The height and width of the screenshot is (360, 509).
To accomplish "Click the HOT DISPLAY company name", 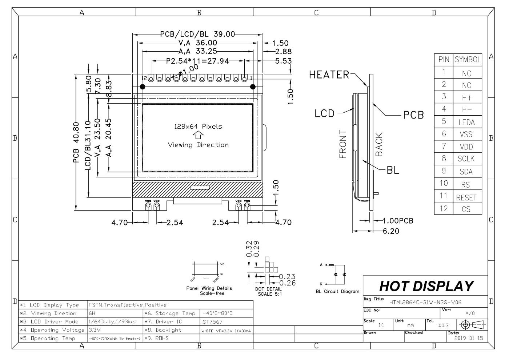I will pos(426,286).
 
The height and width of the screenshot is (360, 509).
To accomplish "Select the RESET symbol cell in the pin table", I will pos(466,197).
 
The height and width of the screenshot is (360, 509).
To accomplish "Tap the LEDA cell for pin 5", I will pos(466,122).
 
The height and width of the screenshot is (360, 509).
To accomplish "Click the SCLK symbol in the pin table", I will pos(466,159).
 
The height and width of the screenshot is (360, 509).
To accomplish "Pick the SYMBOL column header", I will pos(468,60).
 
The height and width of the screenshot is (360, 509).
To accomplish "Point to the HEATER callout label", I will pos(329,75).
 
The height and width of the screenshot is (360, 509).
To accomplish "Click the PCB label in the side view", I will pos(413,115).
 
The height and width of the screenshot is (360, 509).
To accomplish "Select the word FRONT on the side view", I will pos(343,144).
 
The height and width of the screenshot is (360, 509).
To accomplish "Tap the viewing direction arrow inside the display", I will pos(198,135).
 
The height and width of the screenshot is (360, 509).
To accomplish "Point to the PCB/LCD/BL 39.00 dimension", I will pos(198,34).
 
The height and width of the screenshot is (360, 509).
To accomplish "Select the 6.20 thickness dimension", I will pos(391,231).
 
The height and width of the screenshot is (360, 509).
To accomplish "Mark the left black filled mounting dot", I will pos(143,87).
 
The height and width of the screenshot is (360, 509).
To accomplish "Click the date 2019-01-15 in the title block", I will pos(469,338).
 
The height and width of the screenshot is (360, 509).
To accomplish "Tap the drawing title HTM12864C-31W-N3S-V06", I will pos(425,302).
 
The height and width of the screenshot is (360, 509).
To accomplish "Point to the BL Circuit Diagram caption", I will pos(337,291).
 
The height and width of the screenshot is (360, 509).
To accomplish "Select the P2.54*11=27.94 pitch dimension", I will pos(197,61).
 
